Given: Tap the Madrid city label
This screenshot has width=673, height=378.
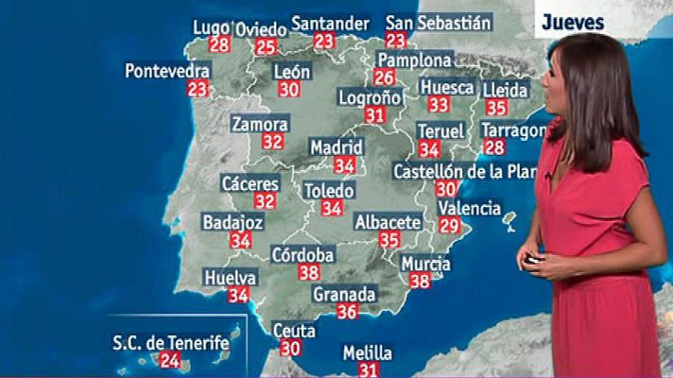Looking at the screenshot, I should [336, 147].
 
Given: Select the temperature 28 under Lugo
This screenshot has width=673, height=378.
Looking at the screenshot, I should [220, 45].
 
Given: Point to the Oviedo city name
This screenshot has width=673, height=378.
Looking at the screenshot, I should [259, 29].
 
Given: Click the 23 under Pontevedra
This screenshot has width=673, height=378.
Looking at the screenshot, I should [198, 89].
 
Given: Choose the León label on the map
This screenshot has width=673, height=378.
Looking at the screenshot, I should [291, 72].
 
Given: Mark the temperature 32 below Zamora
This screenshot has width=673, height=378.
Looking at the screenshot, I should [272, 142].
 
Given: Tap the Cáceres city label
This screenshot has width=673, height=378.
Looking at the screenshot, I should [250, 183].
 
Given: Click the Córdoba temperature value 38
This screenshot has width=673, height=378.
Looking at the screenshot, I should [308, 272].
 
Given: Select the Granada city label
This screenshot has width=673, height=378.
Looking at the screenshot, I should [344, 294].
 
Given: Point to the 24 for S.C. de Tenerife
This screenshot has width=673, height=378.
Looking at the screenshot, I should [170, 359].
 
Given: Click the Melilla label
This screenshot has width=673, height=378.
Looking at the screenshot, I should [368, 352].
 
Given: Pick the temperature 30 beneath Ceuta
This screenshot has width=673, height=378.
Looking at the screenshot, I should [290, 348].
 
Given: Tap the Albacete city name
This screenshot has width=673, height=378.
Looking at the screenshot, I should [388, 222].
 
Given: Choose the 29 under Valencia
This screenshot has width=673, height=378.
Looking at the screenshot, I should [449, 225].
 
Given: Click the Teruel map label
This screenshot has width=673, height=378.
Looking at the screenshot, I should [440, 130].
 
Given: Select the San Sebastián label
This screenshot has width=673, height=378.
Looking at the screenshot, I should [438, 23].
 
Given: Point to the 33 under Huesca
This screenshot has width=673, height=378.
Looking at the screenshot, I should [438, 104].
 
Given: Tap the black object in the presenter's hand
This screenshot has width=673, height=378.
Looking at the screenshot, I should [534, 258].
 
